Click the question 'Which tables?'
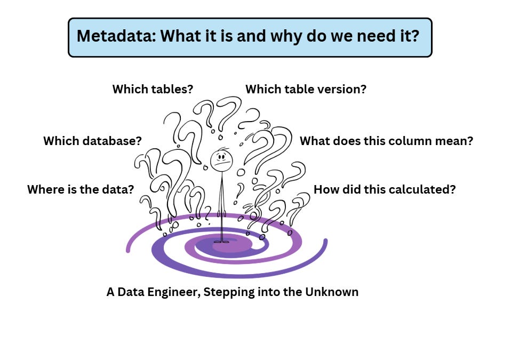[x=153, y=89]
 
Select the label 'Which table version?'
[x=306, y=89]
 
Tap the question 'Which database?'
[x=92, y=141]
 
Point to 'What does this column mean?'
[x=386, y=141]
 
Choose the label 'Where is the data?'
[x=81, y=189]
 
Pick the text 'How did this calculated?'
[x=385, y=189]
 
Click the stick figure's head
[x=220, y=159]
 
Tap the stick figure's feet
[x=221, y=242]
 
